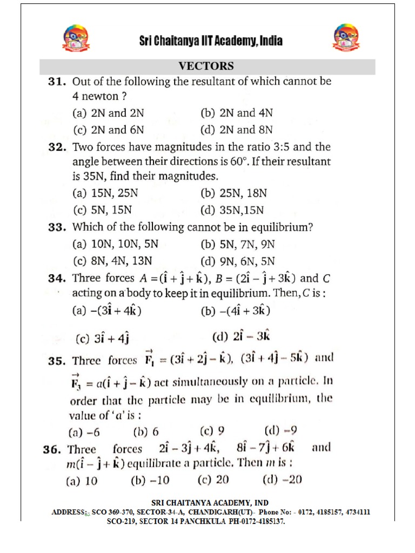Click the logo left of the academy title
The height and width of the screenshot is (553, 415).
pyautogui.click(x=76, y=41)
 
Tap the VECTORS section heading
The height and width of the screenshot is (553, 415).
pyautogui.click(x=206, y=66)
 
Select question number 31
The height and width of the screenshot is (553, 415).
pyautogui.click(x=57, y=82)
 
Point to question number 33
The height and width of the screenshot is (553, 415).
pyautogui.click(x=57, y=227)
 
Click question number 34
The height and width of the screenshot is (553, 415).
pyautogui.click(x=57, y=279)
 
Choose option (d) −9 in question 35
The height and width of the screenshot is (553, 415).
pyautogui.click(x=280, y=431)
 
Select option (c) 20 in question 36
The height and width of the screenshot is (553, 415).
pyautogui.click(x=215, y=480)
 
